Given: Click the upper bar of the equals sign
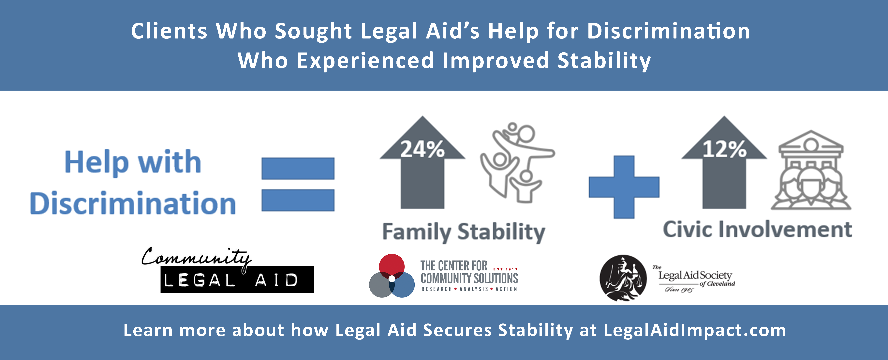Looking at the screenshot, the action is point(298,169).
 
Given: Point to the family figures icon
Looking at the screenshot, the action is point(517,162).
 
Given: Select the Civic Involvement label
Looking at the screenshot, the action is point(757,229).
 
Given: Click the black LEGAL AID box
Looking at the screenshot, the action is point(237,280).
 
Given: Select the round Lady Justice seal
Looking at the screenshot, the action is point(623,278).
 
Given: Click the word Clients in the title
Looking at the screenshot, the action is point(169,31).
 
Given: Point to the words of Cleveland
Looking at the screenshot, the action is point(717,284).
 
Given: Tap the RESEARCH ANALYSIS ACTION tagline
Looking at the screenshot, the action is point(469,289).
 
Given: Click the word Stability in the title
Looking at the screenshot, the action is point(604,61).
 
